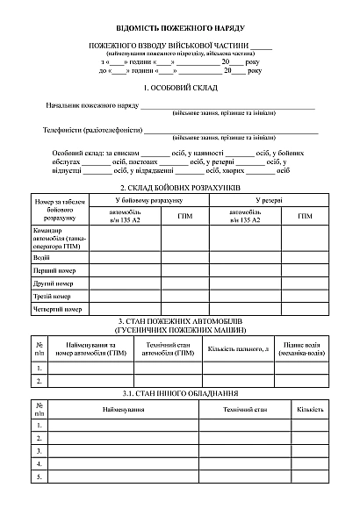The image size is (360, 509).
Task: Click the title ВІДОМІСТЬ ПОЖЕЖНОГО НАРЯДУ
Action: click(180, 29)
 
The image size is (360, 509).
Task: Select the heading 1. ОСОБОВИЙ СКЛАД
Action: click(180, 90)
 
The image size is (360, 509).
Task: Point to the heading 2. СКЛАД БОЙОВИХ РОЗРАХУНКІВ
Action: click(180, 188)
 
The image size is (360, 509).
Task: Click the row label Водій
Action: click(41, 258)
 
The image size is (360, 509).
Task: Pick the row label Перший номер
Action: click(53, 271)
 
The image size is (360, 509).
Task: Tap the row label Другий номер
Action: click(53, 283)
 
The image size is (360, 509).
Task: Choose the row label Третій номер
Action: click(52, 297)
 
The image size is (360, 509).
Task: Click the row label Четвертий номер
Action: click(57, 310)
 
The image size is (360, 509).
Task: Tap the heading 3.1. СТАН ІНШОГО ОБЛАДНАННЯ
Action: click(180, 394)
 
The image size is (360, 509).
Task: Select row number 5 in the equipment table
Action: click(40, 477)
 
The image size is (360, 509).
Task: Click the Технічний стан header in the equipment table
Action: click(243, 410)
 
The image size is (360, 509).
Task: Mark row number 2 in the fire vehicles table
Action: click(40, 381)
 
